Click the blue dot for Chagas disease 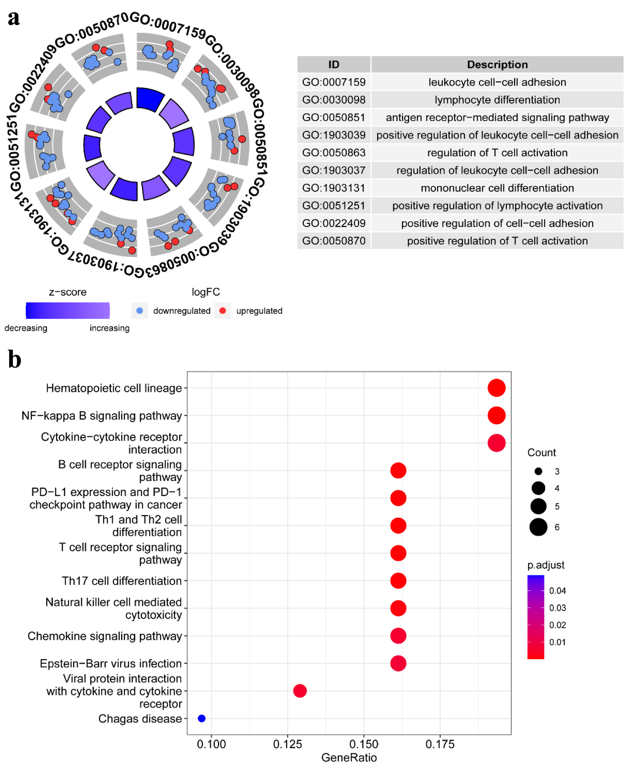[x=202, y=718]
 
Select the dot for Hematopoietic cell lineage [x=496, y=388]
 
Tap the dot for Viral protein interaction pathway [x=300, y=691]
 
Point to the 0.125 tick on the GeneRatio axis [x=287, y=744]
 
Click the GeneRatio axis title [x=349, y=758]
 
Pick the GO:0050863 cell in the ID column [x=333, y=153]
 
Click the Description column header [x=497, y=65]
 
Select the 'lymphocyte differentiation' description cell [x=497, y=100]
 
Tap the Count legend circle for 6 [x=538, y=527]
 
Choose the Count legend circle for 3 [x=538, y=471]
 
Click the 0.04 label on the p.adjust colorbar [x=557, y=591]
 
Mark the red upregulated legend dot [x=223, y=311]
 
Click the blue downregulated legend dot [x=140, y=311]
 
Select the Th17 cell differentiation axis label [x=122, y=581]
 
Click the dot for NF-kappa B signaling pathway [x=496, y=416]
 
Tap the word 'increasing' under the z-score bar [x=109, y=328]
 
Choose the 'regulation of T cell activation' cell [x=497, y=153]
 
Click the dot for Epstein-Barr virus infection [x=398, y=663]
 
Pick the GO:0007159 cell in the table [x=333, y=82]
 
